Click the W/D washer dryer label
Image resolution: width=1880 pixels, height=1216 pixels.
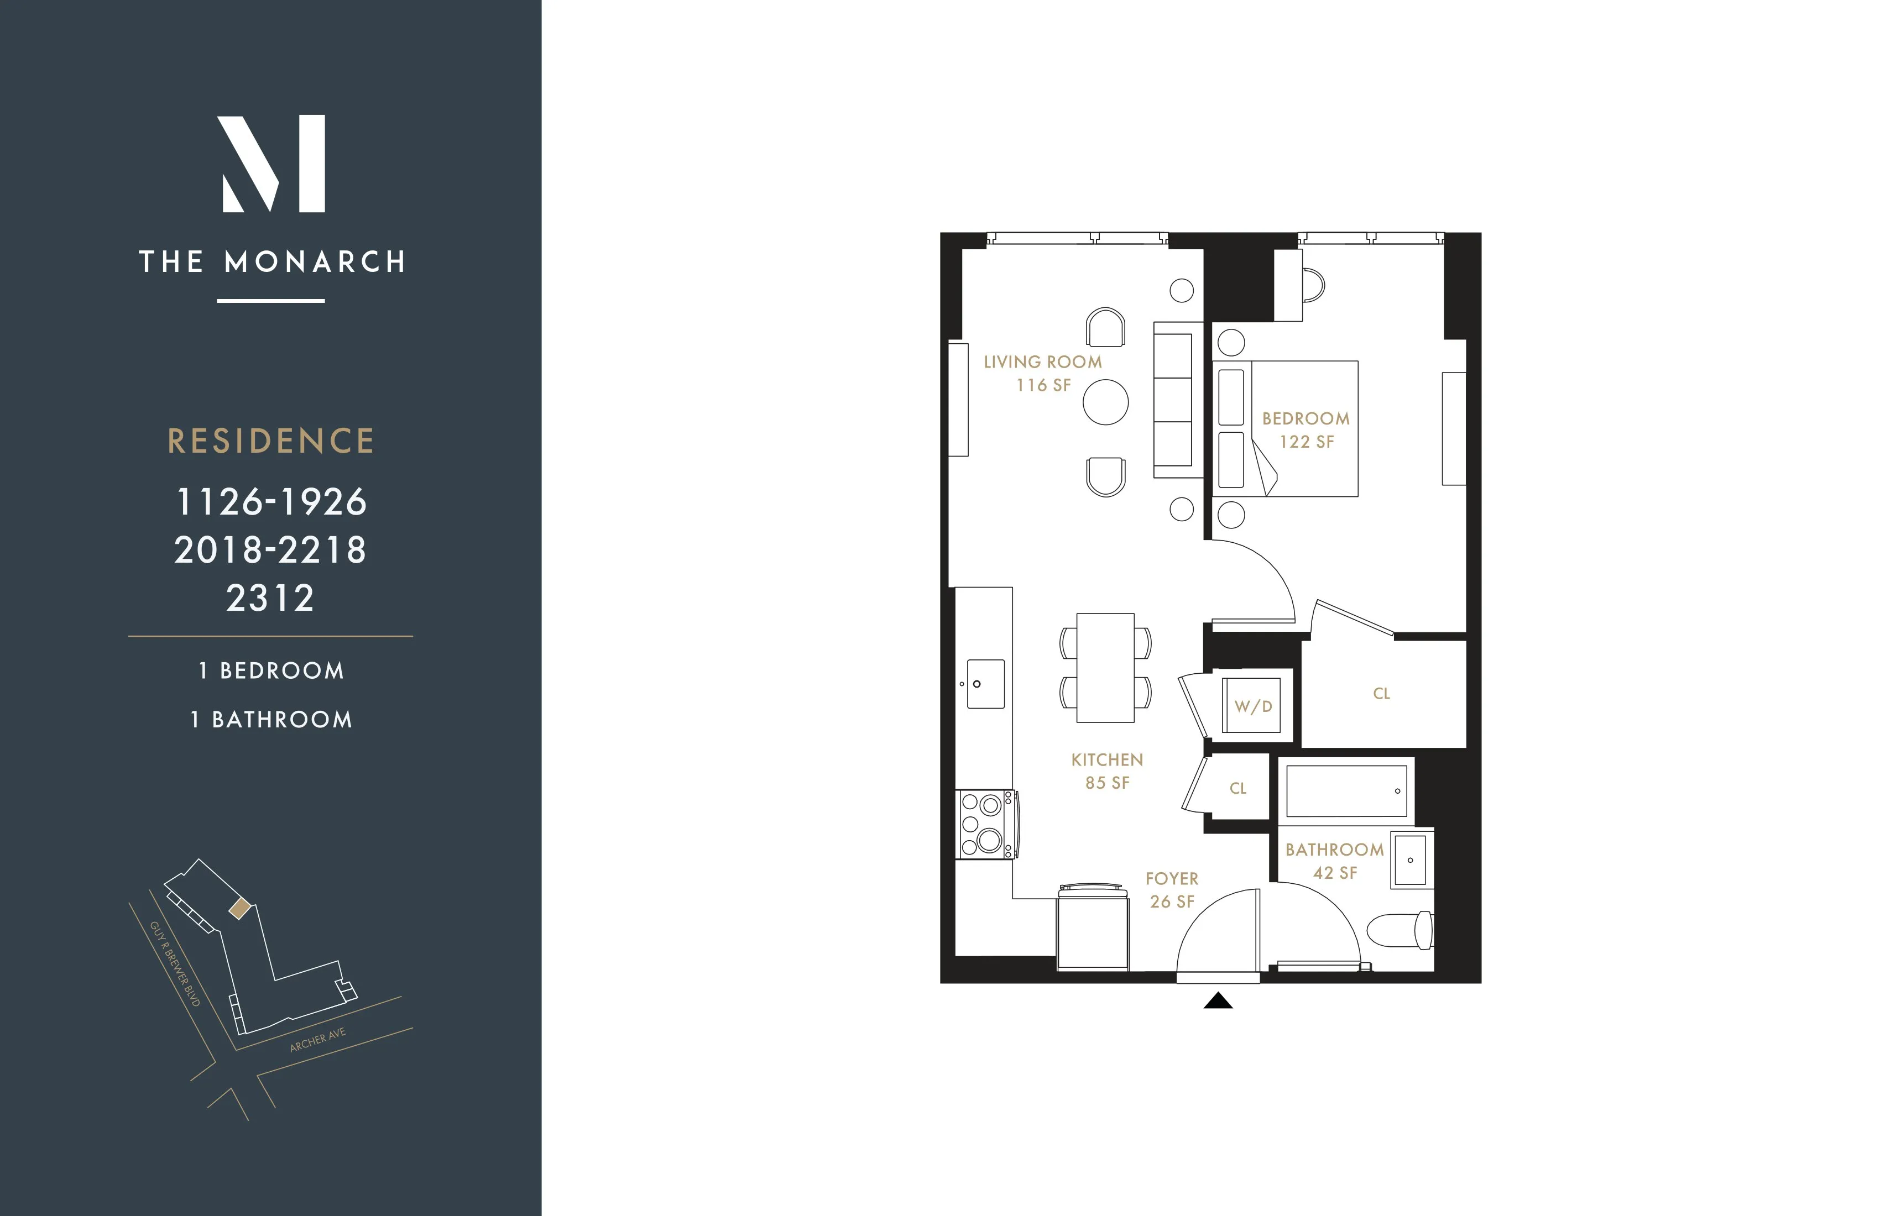pos(1253,706)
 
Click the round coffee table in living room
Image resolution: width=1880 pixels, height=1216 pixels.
pos(1105,402)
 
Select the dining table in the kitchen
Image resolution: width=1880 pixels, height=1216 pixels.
pos(1105,668)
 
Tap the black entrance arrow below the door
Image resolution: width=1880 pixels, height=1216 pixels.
pos(1218,1000)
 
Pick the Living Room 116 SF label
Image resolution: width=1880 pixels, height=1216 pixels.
pos(1043,373)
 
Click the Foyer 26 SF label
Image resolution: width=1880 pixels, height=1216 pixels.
pos(1172,890)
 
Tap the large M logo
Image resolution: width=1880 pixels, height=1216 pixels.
pos(271,164)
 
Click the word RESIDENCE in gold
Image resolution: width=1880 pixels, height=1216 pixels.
pos(271,441)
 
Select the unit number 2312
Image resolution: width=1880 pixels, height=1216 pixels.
pos(271,597)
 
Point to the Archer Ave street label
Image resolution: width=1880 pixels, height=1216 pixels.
pos(317,1040)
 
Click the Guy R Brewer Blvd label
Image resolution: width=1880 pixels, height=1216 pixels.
pos(175,963)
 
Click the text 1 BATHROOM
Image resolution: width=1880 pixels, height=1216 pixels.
pos(271,719)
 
